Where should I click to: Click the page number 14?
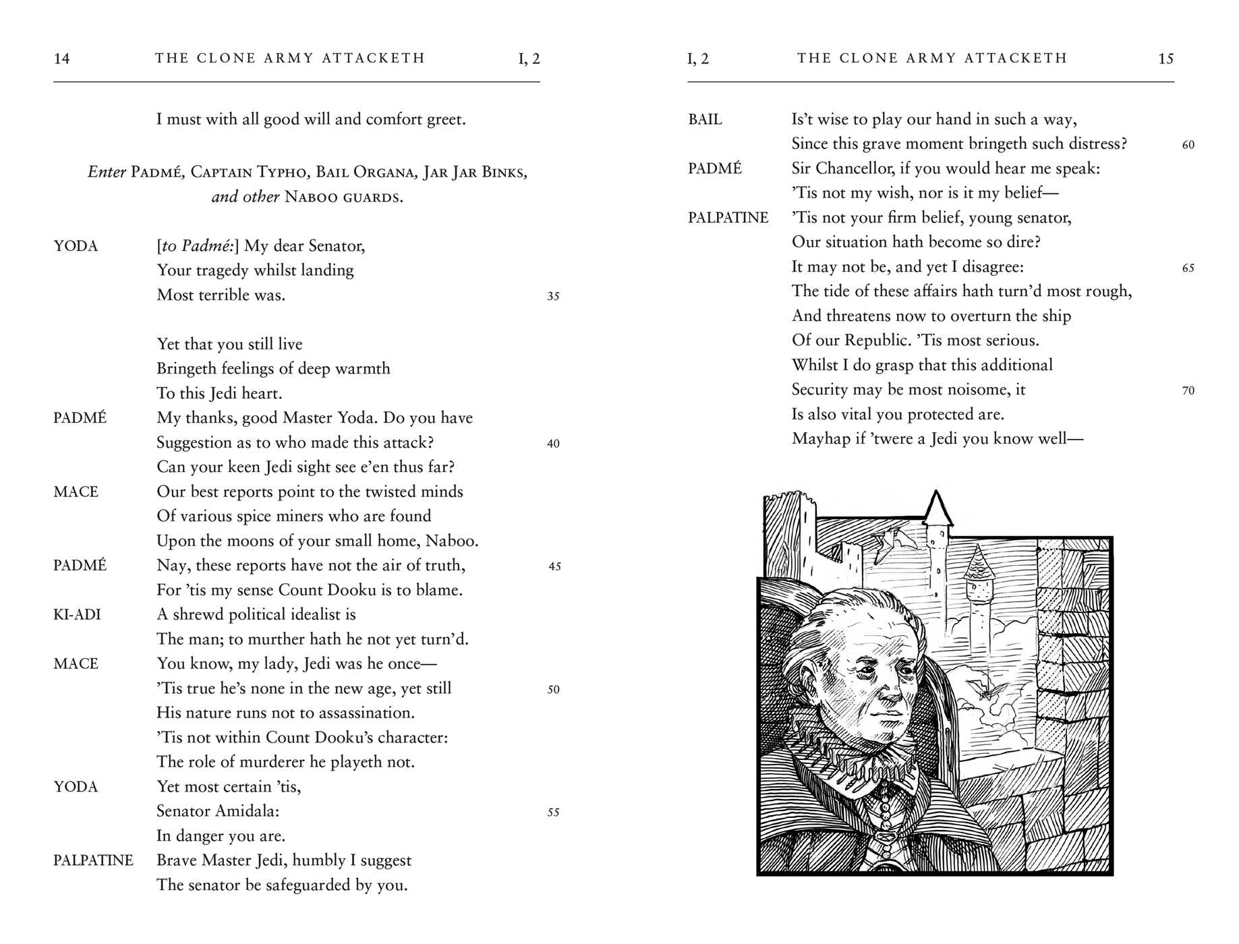[x=61, y=59]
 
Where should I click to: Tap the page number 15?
[x=1165, y=59]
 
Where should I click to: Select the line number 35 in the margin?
[x=553, y=296]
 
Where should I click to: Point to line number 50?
[x=553, y=690]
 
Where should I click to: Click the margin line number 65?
[x=1188, y=268]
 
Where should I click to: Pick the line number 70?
[x=1188, y=390]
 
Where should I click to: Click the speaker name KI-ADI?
[x=77, y=614]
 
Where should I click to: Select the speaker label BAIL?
[x=705, y=119]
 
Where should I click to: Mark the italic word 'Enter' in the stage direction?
[x=107, y=172]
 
